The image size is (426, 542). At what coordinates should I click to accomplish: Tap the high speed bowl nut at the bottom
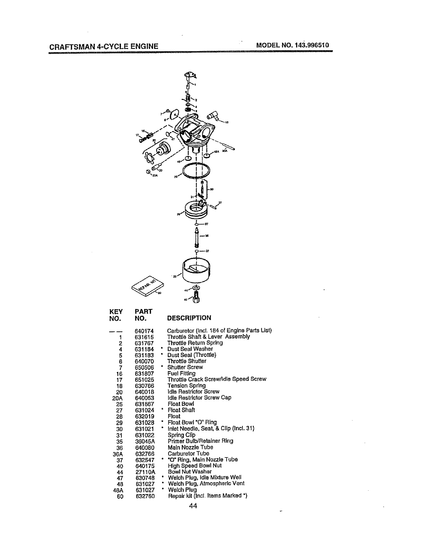point(196,298)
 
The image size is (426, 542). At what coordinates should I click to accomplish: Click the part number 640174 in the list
point(144,331)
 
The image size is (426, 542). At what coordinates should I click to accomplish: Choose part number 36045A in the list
point(145,441)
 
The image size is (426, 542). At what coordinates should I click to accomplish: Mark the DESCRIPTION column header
point(189,318)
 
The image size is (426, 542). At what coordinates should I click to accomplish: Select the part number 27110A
point(145,472)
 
